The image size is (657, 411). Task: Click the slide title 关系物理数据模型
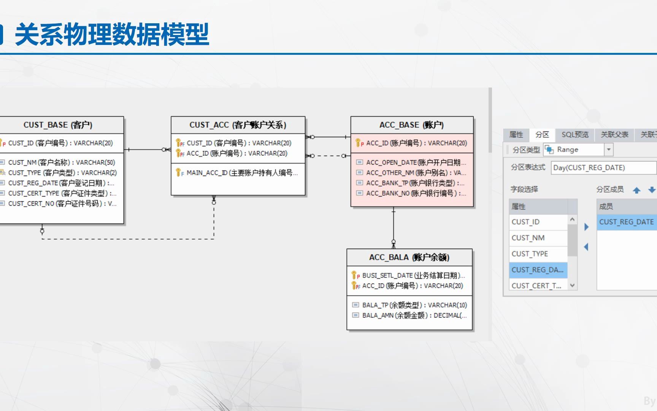coord(112,34)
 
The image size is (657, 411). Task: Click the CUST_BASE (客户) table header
coord(58,125)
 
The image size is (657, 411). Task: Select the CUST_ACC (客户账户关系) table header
coord(238,125)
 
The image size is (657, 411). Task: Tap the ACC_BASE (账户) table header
coord(411,125)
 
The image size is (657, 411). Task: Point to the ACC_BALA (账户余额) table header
coord(409,257)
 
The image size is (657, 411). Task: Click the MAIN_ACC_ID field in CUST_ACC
coord(242,173)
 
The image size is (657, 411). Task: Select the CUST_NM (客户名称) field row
coord(61,162)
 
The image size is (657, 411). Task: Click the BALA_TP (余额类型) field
coord(414,305)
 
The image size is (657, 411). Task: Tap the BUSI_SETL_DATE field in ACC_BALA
coord(413,275)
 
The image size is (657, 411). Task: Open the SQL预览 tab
coord(575,134)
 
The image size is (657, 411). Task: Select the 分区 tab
coord(542,134)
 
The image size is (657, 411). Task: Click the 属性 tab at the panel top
coord(516,134)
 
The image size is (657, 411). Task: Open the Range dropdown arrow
coord(609,150)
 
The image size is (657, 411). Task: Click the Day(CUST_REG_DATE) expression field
coord(603,167)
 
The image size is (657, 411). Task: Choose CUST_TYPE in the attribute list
coord(530,253)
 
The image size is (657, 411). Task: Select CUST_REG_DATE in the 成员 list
coord(626,222)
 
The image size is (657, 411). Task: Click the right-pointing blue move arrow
coord(586,227)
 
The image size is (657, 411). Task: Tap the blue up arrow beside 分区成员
coord(636,190)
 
